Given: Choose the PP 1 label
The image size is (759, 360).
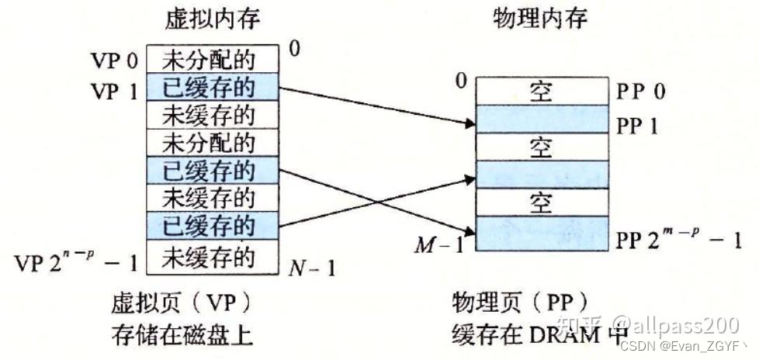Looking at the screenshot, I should click(637, 125).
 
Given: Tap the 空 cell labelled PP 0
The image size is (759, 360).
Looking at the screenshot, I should click(541, 91).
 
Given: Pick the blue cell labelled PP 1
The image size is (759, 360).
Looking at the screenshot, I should click(541, 119).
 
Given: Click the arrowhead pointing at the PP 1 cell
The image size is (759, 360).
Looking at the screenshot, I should click(469, 123).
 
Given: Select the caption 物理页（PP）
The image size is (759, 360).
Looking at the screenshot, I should click(519, 301).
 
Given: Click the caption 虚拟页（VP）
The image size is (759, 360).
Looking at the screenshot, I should click(182, 301).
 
